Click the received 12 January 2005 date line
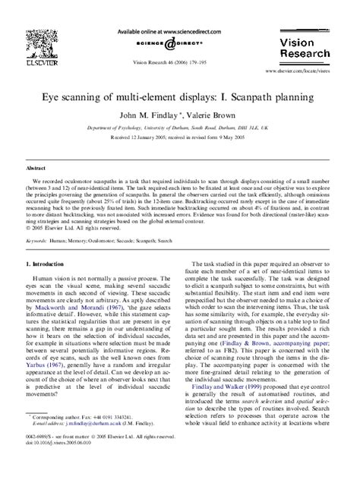point(179,139)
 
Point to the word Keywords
point(36,239)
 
